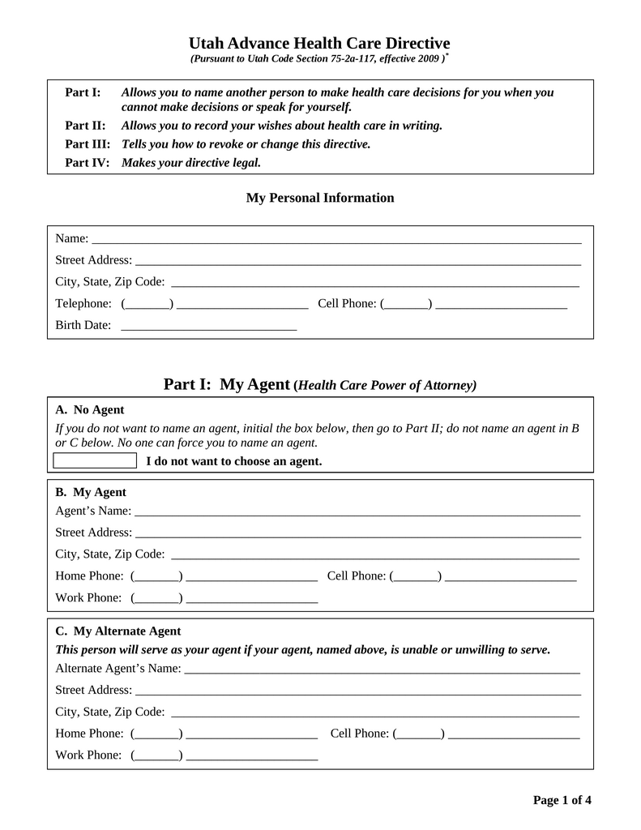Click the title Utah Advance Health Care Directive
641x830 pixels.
pyautogui.click(x=319, y=43)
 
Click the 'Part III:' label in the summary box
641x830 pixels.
pyautogui.click(x=87, y=144)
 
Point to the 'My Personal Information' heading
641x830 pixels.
pyautogui.click(x=320, y=198)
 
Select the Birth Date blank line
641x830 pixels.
pyautogui.click(x=208, y=327)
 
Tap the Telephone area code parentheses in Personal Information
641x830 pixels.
pyautogui.click(x=147, y=304)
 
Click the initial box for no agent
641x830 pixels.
pyautogui.click(x=95, y=461)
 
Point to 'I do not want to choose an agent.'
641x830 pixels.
pyautogui.click(x=233, y=461)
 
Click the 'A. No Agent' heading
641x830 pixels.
pyautogui.click(x=89, y=409)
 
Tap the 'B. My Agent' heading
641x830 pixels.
pyautogui.click(x=91, y=492)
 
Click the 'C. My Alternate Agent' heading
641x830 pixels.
pyautogui.click(x=118, y=631)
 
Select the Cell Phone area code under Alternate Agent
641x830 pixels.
pyautogui.click(x=418, y=734)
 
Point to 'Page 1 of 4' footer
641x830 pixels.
pyautogui.click(x=562, y=801)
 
